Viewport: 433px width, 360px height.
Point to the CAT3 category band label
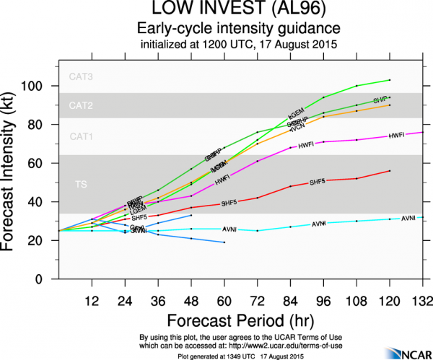point(80,76)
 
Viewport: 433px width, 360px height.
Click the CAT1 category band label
point(80,136)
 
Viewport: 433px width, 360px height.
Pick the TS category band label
point(81,185)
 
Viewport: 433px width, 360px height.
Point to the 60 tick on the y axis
point(44,164)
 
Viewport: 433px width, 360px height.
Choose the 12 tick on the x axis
point(92,300)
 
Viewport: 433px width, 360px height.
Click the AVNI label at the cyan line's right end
point(408,217)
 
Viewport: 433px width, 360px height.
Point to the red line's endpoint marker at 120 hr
point(390,171)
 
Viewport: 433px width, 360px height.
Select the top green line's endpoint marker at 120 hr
point(390,80)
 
